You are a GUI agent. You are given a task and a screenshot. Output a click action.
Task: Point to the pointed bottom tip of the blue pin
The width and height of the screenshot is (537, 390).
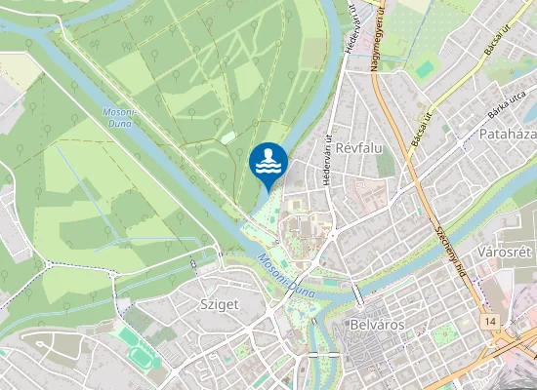point(268,191)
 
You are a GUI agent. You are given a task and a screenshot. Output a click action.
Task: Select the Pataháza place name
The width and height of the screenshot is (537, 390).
point(508,133)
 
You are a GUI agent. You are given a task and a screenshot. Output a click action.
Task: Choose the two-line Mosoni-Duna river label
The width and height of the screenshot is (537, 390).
point(118,117)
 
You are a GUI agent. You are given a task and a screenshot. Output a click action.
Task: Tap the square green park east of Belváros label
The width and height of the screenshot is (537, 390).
point(443,335)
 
